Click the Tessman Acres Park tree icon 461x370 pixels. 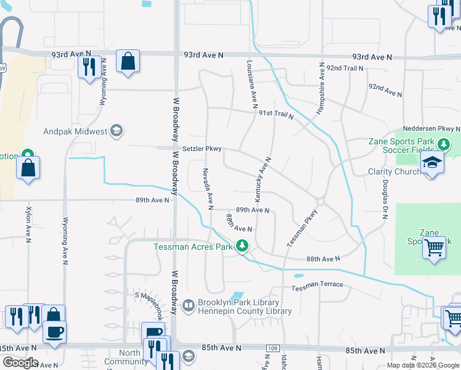point(242,246)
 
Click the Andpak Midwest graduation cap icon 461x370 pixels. point(116,131)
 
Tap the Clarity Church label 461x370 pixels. point(394,171)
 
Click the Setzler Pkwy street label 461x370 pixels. point(197,149)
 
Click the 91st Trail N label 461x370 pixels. point(276,114)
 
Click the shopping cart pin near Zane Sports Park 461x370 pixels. point(434,248)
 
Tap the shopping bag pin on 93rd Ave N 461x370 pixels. point(128,62)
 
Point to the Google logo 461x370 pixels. point(20,363)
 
